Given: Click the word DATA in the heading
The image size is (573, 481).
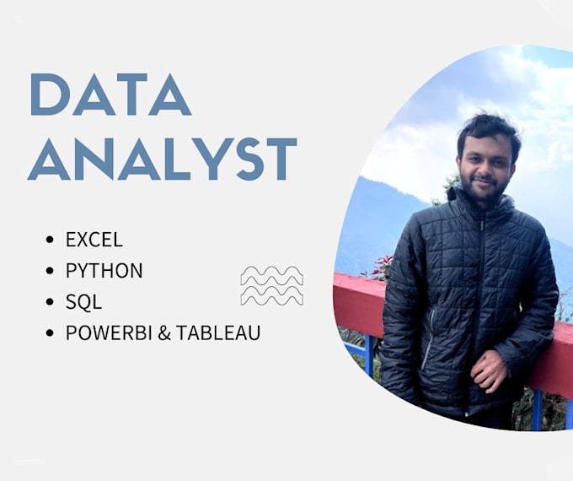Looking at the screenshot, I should [x=110, y=95].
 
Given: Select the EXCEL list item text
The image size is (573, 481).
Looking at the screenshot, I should [x=94, y=239].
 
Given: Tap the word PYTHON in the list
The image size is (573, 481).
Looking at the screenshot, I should [x=104, y=270].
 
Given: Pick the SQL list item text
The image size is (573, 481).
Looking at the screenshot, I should [x=83, y=301].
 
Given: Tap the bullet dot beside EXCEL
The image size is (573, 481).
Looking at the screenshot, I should [x=51, y=240].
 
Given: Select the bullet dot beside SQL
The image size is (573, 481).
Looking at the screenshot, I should [x=51, y=302].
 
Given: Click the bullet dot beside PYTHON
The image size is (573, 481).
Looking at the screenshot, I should [x=51, y=271].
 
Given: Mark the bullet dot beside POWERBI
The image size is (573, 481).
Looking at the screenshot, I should [x=51, y=333].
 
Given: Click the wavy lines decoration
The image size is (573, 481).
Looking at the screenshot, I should [x=271, y=285].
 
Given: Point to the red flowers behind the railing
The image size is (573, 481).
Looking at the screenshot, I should [x=381, y=268].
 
